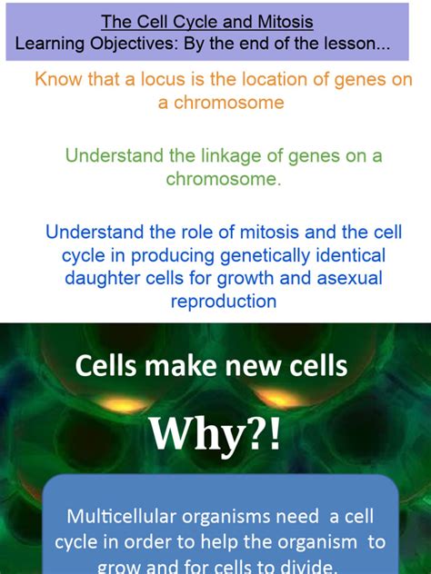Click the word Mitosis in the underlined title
point(286,22)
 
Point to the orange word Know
point(58,79)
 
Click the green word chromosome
point(223,179)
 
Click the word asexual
point(349,278)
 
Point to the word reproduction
point(224,302)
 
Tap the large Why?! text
point(215,434)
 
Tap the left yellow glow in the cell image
point(124,405)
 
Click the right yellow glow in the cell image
point(280,398)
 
